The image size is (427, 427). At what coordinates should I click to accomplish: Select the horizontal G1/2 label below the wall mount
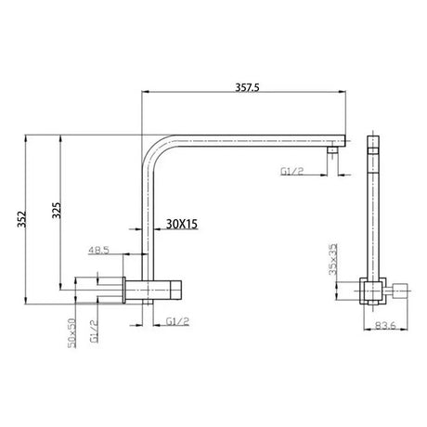(178, 321)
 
